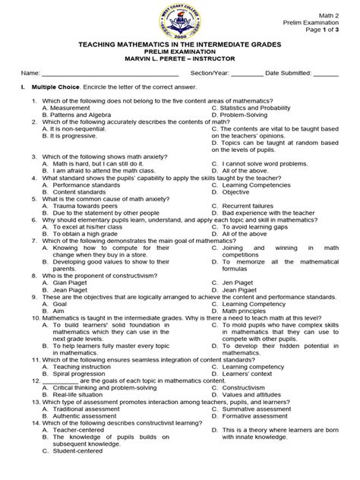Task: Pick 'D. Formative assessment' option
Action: pyautogui.click(x=251, y=416)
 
